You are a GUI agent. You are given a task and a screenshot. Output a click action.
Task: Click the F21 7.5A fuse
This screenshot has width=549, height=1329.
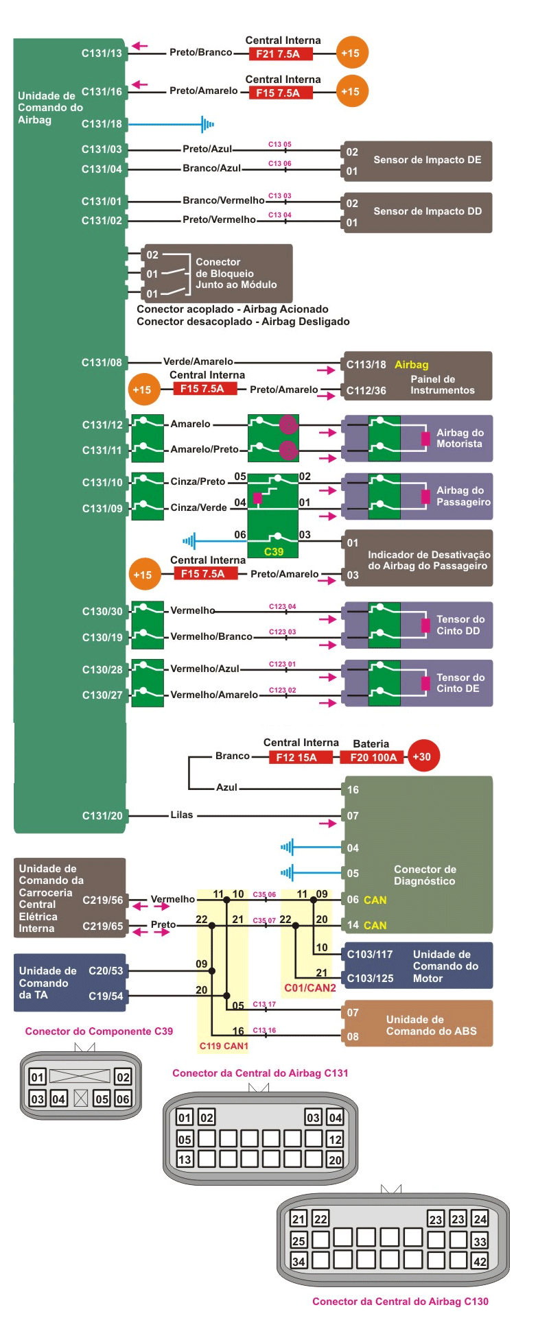tap(278, 53)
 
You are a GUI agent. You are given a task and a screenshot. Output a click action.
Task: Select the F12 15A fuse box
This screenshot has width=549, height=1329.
tap(296, 757)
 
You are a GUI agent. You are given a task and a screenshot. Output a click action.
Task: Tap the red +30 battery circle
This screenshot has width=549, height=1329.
tap(422, 757)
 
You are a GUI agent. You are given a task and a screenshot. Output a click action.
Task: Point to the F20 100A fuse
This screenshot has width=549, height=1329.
tap(373, 757)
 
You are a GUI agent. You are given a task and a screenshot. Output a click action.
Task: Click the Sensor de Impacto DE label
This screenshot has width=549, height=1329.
tap(427, 160)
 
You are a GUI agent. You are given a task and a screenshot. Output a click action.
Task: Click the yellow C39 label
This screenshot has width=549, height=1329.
tap(274, 551)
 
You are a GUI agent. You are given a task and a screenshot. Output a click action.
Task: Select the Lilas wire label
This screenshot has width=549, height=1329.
tap(182, 815)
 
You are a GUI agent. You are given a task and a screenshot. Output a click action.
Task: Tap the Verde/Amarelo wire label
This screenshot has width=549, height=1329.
tap(198, 361)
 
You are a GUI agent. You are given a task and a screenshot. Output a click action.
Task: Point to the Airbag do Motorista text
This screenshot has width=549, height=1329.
tap(460, 438)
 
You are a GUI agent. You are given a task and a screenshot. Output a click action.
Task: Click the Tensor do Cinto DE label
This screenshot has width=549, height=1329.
tap(460, 683)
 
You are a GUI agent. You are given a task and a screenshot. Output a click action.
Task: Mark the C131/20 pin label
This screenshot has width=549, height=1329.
tap(102, 815)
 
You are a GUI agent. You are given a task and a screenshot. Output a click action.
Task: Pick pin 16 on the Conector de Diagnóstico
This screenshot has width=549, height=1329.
tap(353, 789)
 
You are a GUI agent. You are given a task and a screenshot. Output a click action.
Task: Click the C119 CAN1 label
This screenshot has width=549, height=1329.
tap(224, 1046)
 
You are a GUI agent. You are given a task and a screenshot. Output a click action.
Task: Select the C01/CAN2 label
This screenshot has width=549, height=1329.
tap(310, 987)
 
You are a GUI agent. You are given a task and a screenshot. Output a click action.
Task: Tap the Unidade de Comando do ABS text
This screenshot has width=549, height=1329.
tap(431, 1025)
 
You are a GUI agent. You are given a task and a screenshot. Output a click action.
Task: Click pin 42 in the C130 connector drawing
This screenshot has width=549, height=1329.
tap(480, 1260)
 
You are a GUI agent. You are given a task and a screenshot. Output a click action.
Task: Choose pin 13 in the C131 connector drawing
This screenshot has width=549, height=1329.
tap(185, 1159)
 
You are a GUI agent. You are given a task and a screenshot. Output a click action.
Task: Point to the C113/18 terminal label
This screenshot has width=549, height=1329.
tap(366, 365)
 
